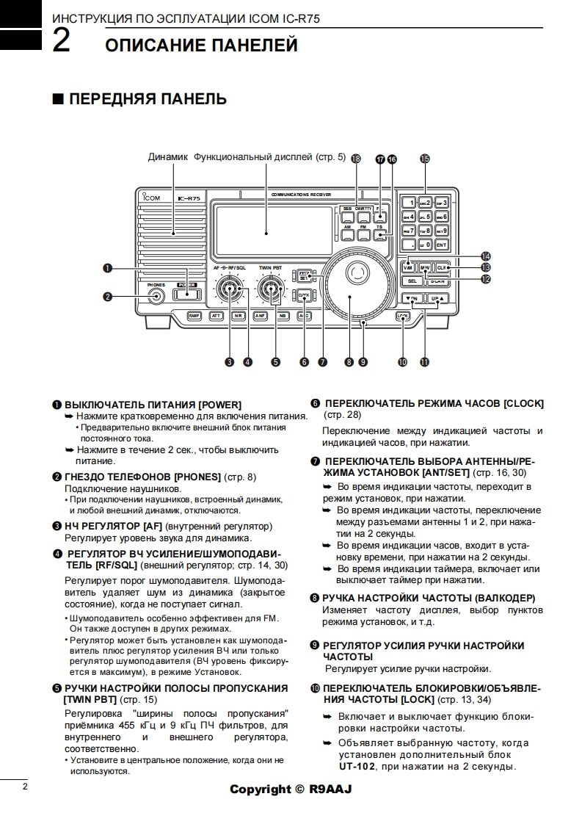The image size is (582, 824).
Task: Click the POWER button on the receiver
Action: coord(187,294)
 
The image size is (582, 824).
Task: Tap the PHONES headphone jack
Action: coord(156,296)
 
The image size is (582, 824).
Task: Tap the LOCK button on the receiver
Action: coord(401,316)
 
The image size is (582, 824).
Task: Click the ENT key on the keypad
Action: coord(441,245)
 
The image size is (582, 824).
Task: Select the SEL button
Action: coord(412,281)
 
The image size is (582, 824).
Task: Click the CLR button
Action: coord(441,268)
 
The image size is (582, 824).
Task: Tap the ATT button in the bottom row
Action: coord(216,316)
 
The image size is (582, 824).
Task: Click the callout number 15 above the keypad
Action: coord(425,159)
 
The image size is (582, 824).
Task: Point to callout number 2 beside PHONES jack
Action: coord(108,297)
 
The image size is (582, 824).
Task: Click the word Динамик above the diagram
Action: coord(168,157)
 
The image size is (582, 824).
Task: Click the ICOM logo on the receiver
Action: coord(151,197)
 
